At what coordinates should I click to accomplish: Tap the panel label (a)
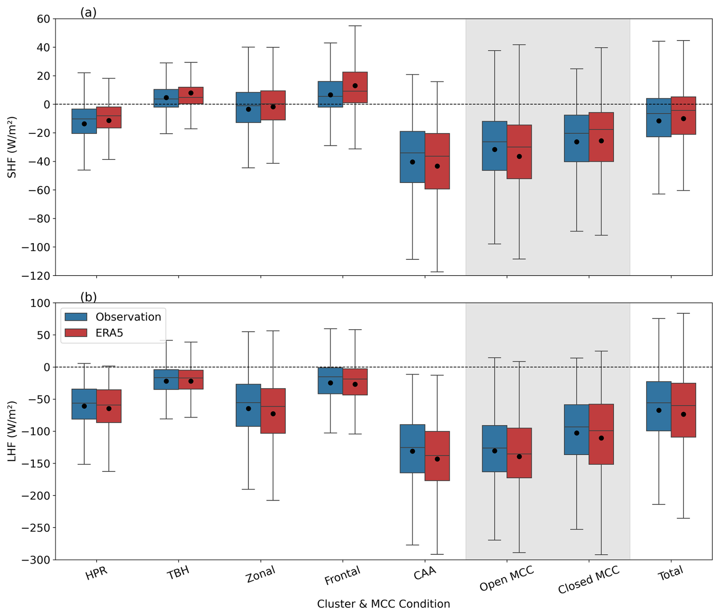(88, 13)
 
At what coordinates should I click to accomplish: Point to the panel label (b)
(88, 297)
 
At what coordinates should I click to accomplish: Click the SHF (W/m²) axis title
(12, 147)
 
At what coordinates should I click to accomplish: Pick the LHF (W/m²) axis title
(12, 431)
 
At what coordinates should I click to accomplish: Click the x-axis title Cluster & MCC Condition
(383, 604)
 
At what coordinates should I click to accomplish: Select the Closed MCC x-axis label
(588, 580)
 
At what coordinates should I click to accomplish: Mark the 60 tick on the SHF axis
(44, 19)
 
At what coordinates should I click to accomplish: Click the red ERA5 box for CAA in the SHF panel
(437, 161)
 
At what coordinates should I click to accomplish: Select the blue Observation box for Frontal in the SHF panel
(330, 94)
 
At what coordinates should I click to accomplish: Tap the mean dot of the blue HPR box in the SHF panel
(84, 124)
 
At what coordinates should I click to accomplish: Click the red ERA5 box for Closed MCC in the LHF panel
(601, 434)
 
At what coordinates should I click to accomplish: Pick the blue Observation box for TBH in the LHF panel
(166, 379)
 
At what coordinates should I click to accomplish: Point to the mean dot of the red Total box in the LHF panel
(683, 414)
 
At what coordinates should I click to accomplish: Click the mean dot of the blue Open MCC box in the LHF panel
(495, 451)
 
